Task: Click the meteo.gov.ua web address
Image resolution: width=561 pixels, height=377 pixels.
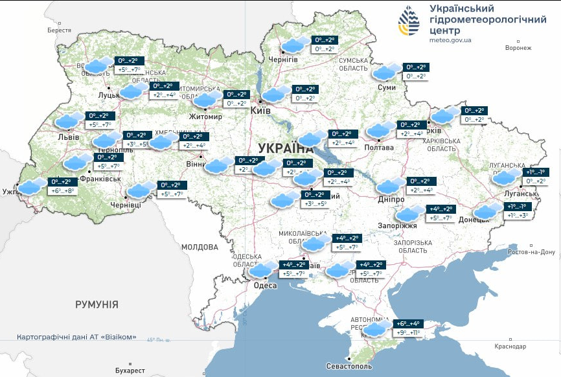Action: coord(450,40)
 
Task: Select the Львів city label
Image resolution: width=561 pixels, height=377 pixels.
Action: coord(69,137)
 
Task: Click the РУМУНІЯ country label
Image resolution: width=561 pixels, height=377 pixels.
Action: coord(97,304)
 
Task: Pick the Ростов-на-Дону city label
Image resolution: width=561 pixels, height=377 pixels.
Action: coord(531,252)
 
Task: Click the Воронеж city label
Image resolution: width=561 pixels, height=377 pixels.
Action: coord(518,48)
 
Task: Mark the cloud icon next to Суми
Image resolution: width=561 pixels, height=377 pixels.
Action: coord(387,72)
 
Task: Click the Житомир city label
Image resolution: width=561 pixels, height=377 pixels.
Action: coord(205,117)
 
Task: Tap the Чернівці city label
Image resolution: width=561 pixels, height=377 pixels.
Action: coord(126,205)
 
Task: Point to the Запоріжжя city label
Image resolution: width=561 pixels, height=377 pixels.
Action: coord(397,226)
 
